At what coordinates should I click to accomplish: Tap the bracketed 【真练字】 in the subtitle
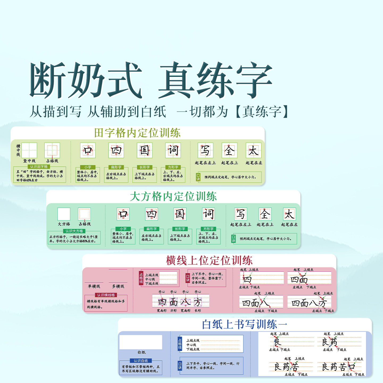coord(262,111)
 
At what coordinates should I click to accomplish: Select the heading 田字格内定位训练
coord(137,133)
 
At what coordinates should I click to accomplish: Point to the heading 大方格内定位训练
coord(173,197)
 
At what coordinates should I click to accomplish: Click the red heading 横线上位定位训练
coord(209,260)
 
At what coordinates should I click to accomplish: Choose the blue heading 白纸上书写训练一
coord(244,324)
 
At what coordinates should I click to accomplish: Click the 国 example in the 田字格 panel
coord(144,150)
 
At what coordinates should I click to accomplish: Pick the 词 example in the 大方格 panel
coord(208,214)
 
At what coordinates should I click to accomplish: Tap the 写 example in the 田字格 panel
coord(205,151)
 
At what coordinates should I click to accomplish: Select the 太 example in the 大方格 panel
coord(289,214)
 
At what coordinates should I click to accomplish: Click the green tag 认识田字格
coord(39,166)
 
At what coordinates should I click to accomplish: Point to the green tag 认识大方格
coord(74,231)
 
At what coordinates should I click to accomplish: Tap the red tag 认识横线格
coord(106,295)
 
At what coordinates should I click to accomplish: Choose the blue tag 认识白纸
coord(141,361)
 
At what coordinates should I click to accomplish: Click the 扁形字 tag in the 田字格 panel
coord(116,167)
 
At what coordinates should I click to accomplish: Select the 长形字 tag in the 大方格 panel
coord(180,229)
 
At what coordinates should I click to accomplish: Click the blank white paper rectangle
coord(141,342)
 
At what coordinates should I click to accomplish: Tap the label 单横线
coord(94,286)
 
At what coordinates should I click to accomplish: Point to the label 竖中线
coord(29,161)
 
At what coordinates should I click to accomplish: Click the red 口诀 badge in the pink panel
coord(188,278)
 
